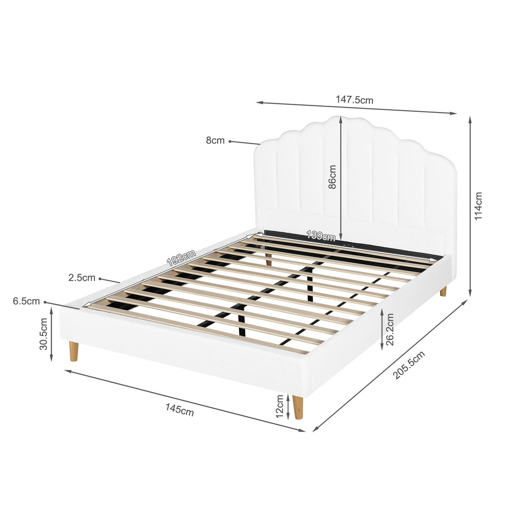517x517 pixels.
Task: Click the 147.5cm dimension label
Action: point(354,100)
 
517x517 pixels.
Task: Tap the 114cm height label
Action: point(478,206)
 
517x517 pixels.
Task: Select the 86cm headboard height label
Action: point(332,177)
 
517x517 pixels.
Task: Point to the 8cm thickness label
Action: point(215,140)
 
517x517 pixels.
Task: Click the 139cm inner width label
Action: point(321,235)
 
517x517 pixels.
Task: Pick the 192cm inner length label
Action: point(181,258)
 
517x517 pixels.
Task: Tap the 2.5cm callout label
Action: point(82,277)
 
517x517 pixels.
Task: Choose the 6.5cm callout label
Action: point(27,301)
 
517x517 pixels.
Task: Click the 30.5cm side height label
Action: point(44,333)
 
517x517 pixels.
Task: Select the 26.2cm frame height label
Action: point(390,329)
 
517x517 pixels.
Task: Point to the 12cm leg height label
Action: point(279,406)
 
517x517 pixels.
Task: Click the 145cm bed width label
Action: point(180,410)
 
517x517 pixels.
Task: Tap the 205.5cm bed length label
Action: point(409,365)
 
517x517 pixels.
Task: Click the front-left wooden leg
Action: point(74,351)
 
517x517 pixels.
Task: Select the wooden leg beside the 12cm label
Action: point(298,407)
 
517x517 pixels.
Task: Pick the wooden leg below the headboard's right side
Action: point(443,291)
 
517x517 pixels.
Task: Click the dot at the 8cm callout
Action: point(230,141)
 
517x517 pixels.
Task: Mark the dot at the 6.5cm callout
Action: point(45,302)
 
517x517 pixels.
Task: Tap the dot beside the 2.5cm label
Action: point(100,279)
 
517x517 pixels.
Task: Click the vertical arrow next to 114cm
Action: point(470,206)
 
